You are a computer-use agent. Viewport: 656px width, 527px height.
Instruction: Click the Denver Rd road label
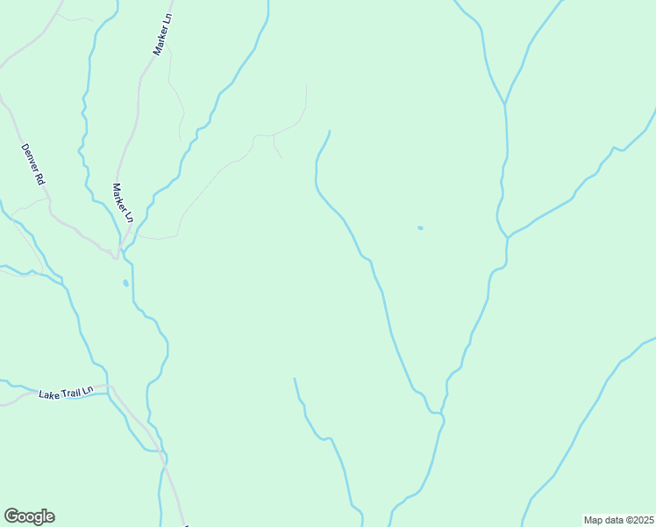coord(32,163)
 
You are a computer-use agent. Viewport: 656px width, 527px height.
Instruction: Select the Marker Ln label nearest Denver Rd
coord(122,203)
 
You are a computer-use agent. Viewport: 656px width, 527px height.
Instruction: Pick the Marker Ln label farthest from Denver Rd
coord(162,36)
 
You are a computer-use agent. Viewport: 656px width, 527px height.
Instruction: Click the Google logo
coord(29,516)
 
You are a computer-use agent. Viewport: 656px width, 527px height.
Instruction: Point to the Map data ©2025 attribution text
coord(619,520)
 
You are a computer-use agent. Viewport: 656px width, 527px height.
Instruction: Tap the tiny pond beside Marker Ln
coord(125,283)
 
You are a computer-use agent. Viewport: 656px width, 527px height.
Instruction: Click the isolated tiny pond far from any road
coord(420,228)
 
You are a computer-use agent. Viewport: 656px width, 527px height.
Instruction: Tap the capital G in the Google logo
coord(11,516)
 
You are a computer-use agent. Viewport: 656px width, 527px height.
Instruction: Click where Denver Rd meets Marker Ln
coord(116,256)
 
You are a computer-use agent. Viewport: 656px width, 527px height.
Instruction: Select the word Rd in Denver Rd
coord(39,178)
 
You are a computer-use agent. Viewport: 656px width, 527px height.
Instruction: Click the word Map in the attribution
coord(593,520)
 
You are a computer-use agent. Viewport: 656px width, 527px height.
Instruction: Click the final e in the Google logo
coord(49,517)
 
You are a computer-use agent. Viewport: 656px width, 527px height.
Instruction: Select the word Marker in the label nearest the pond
coord(119,197)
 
